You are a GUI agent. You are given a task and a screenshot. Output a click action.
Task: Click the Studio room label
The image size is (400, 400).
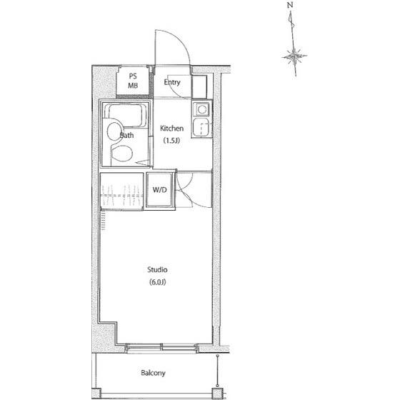[x=157, y=270]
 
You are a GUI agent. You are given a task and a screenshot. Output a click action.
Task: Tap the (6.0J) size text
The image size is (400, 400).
[x=157, y=282]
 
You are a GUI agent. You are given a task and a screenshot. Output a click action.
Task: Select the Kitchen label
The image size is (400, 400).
[x=171, y=128]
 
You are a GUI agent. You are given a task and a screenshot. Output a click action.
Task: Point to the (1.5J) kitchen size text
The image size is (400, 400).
[x=171, y=140]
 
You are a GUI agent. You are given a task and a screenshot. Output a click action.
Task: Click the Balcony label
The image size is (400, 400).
[x=153, y=373]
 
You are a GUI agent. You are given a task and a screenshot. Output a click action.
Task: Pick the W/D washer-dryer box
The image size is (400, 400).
[x=160, y=190]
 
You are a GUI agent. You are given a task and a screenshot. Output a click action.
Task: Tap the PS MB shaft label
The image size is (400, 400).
[x=133, y=81]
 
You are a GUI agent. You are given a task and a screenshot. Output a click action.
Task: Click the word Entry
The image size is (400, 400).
[x=172, y=82]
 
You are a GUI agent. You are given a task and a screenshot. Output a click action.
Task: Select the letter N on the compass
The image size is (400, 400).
[x=290, y=5]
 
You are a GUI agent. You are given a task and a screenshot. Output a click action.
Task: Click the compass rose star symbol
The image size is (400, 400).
[x=294, y=56]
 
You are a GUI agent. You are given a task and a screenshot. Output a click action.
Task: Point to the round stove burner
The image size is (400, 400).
[x=202, y=109]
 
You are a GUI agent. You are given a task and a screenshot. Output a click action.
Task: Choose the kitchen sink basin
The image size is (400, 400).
[x=202, y=128]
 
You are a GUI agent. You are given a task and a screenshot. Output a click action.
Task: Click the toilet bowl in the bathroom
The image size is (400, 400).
[x=122, y=154]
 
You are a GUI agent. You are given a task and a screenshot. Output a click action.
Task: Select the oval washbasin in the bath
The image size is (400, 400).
[x=114, y=131]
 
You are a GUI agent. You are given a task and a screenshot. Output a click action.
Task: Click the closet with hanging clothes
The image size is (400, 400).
[x=121, y=191]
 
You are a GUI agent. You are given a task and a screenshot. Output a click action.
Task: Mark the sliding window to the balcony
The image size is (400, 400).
[x=162, y=348]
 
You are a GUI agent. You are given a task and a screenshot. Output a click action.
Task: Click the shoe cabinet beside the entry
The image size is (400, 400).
[x=199, y=86]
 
